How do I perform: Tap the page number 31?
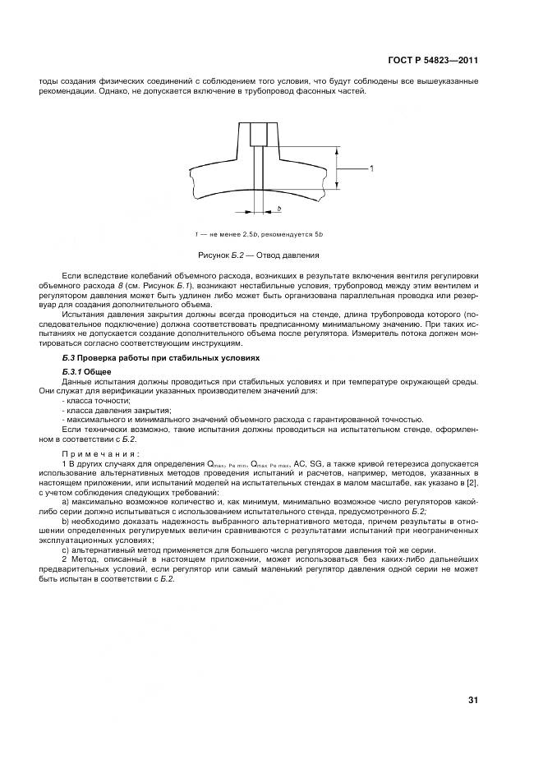click(x=472, y=700)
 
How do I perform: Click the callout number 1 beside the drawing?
click(x=371, y=169)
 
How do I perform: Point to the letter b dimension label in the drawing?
click(x=279, y=209)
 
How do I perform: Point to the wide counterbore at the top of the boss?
click(x=260, y=132)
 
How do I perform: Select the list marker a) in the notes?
click(x=65, y=502)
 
